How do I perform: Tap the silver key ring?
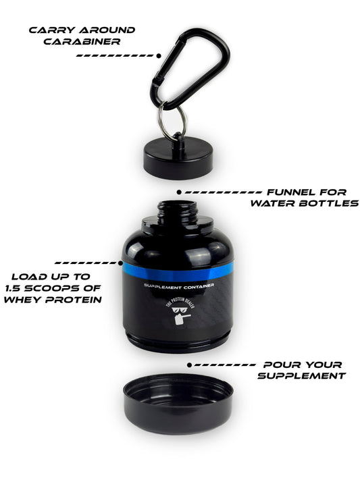coord(161,122)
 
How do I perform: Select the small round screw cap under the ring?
coord(178,159)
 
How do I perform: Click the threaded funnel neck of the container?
coord(178,212)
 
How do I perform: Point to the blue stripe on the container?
coord(178,271)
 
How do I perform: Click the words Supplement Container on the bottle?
coord(179,286)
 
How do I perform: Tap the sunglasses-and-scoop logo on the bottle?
coord(182,313)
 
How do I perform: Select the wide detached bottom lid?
coord(178,403)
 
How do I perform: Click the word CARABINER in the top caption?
coord(82,42)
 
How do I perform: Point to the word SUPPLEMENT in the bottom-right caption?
coord(301,375)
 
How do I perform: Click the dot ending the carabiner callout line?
coord(159,56)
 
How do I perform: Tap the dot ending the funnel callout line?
coord(179,192)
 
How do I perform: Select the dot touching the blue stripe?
coord(120,263)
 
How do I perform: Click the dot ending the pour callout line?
coord(190,365)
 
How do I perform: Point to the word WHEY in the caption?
coord(22,299)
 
